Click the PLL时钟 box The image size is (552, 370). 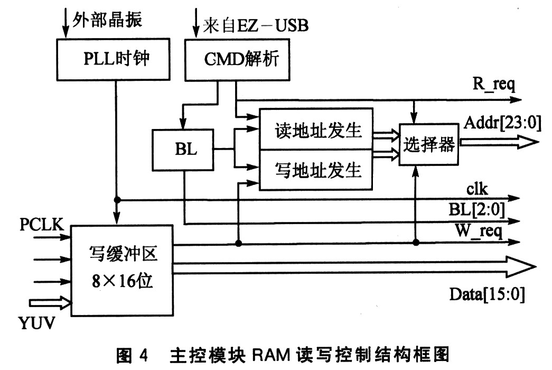tap(114, 60)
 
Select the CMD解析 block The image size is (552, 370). tap(238, 60)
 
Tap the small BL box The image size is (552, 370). tap(183, 150)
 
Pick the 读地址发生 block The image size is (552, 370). tap(316, 129)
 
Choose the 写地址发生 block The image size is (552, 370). tap(316, 170)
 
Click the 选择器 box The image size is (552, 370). tap(429, 144)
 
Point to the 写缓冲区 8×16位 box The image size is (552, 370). tap(122, 270)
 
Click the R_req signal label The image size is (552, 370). tap(493, 85)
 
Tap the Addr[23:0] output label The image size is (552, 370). tap(502, 123)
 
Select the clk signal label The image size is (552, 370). tap(477, 189)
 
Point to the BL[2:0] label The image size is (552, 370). tap(476, 210)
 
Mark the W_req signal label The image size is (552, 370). tap(479, 231)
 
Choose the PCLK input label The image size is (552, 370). tap(42, 225)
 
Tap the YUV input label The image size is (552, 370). tap(36, 323)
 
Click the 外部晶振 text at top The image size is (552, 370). tap(107, 20)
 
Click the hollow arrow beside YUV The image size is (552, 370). tap(51, 303)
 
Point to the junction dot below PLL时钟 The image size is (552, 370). tap(117, 200)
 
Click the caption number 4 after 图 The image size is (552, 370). tap(144, 355)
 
